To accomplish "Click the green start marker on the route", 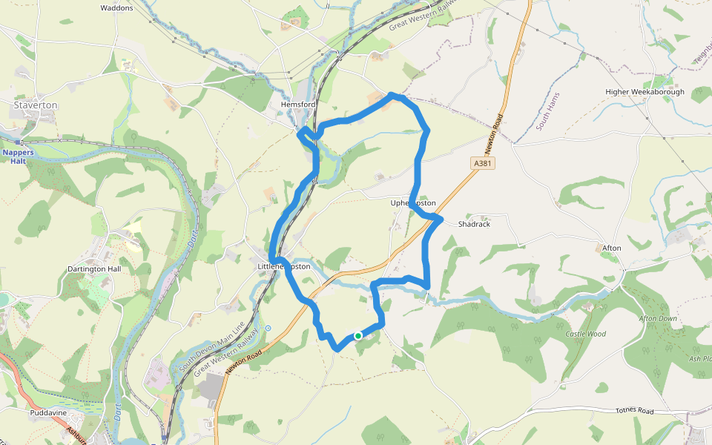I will coord(357,336).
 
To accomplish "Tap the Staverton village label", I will coord(35,105).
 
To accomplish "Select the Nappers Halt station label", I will coord(18,156).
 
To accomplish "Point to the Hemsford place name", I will coord(298,105).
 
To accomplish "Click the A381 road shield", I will coord(481,163).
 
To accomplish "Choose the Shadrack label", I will coord(474,224).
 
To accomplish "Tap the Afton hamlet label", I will coord(611,248).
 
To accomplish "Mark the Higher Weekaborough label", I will coord(645,92).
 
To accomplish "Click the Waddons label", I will coord(116,8).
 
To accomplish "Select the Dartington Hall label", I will coord(93,269).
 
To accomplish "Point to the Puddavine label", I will coord(49,412).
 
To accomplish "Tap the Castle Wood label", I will coord(586,334).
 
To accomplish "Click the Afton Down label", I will coord(658,318).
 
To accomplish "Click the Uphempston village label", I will coord(412,203).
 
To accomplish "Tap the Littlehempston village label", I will coord(283,266).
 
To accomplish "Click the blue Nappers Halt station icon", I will coord(17,141).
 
